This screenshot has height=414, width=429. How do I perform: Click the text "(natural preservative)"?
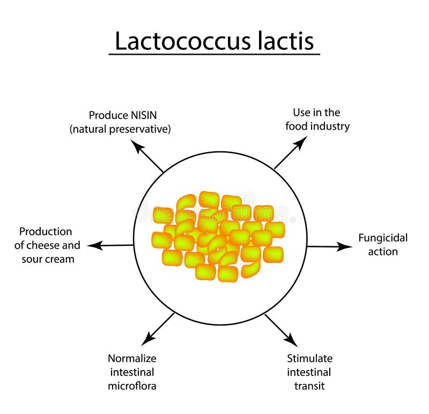pyautogui.click(x=120, y=129)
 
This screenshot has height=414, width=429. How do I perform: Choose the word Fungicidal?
pyautogui.click(x=383, y=237)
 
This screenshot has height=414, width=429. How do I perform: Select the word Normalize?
pyautogui.click(x=132, y=358)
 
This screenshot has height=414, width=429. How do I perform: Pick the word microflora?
pyautogui.click(x=132, y=386)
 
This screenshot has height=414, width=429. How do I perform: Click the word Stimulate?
pyautogui.click(x=309, y=358)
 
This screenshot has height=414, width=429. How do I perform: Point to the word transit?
pyautogui.click(x=309, y=386)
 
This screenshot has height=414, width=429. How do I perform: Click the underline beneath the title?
pyautogui.click(x=214, y=54)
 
